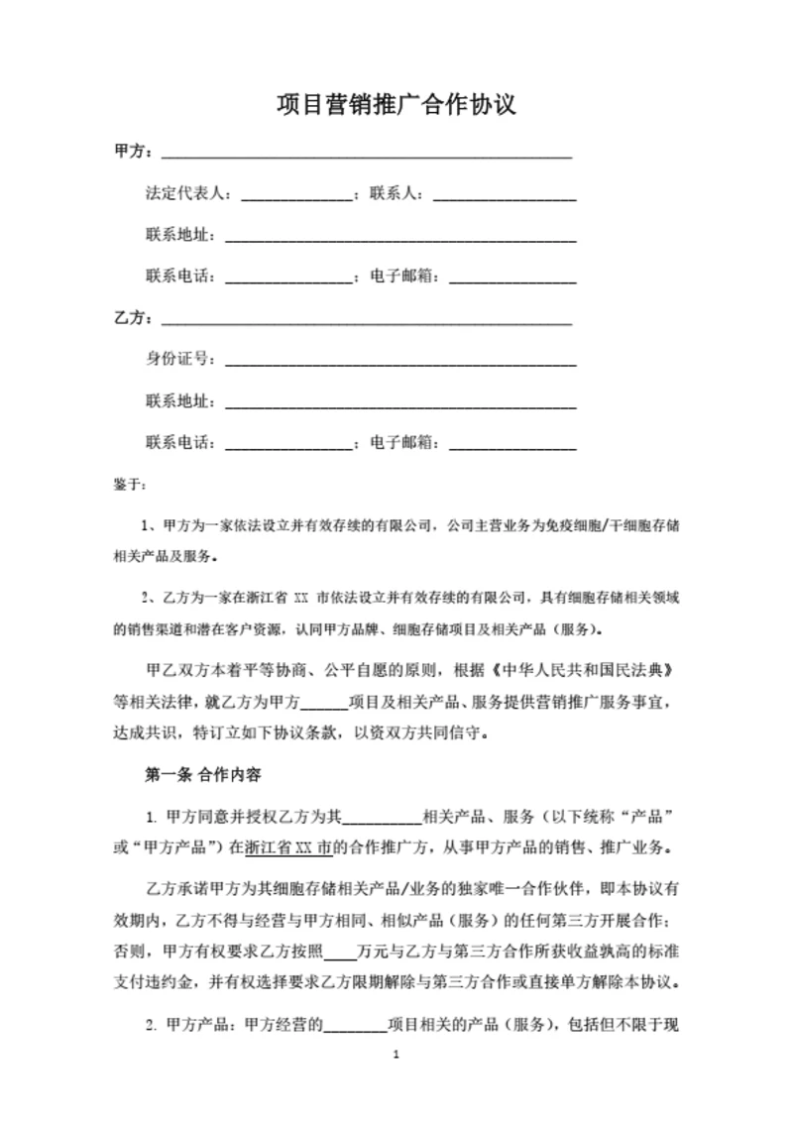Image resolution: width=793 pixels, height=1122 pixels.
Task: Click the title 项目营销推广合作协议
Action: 396,104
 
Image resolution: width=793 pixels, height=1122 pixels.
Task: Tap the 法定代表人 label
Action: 188,193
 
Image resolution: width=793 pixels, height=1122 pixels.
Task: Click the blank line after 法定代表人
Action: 297,196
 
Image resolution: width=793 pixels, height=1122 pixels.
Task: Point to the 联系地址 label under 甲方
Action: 180,235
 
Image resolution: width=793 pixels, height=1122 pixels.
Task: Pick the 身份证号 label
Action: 180,359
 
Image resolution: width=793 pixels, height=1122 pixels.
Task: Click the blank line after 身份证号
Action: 400,362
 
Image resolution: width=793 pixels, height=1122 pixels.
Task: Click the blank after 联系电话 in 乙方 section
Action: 289,445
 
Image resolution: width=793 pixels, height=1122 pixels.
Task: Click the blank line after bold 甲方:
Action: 367,156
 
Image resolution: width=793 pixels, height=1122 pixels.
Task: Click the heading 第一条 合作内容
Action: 202,773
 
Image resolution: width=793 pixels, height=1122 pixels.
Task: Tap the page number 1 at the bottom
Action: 396,1082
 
